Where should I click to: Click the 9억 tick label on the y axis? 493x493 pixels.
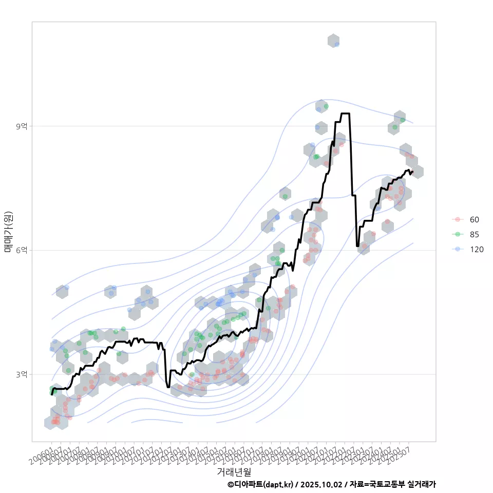pyautogui.click(x=22, y=126)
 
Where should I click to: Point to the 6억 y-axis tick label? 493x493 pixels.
pyautogui.click(x=22, y=250)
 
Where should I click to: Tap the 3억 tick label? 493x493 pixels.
pyautogui.click(x=22, y=374)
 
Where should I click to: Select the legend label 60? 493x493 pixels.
pyautogui.click(x=475, y=220)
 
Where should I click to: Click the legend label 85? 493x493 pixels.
pyautogui.click(x=475, y=235)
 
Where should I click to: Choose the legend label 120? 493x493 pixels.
pyautogui.click(x=477, y=250)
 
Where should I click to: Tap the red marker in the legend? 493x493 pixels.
pyautogui.click(x=457, y=220)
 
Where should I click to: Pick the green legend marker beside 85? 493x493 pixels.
pyautogui.click(x=457, y=235)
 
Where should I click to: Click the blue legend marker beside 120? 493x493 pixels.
pyautogui.click(x=457, y=250)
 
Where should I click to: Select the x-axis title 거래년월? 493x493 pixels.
pyautogui.click(x=234, y=471)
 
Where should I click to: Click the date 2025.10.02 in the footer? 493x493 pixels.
pyautogui.click(x=322, y=484)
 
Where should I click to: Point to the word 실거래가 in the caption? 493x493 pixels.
pyautogui.click(x=421, y=484)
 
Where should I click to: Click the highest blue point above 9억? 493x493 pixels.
pyautogui.click(x=336, y=44)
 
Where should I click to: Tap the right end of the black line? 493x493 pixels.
pyautogui.click(x=412, y=172)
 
